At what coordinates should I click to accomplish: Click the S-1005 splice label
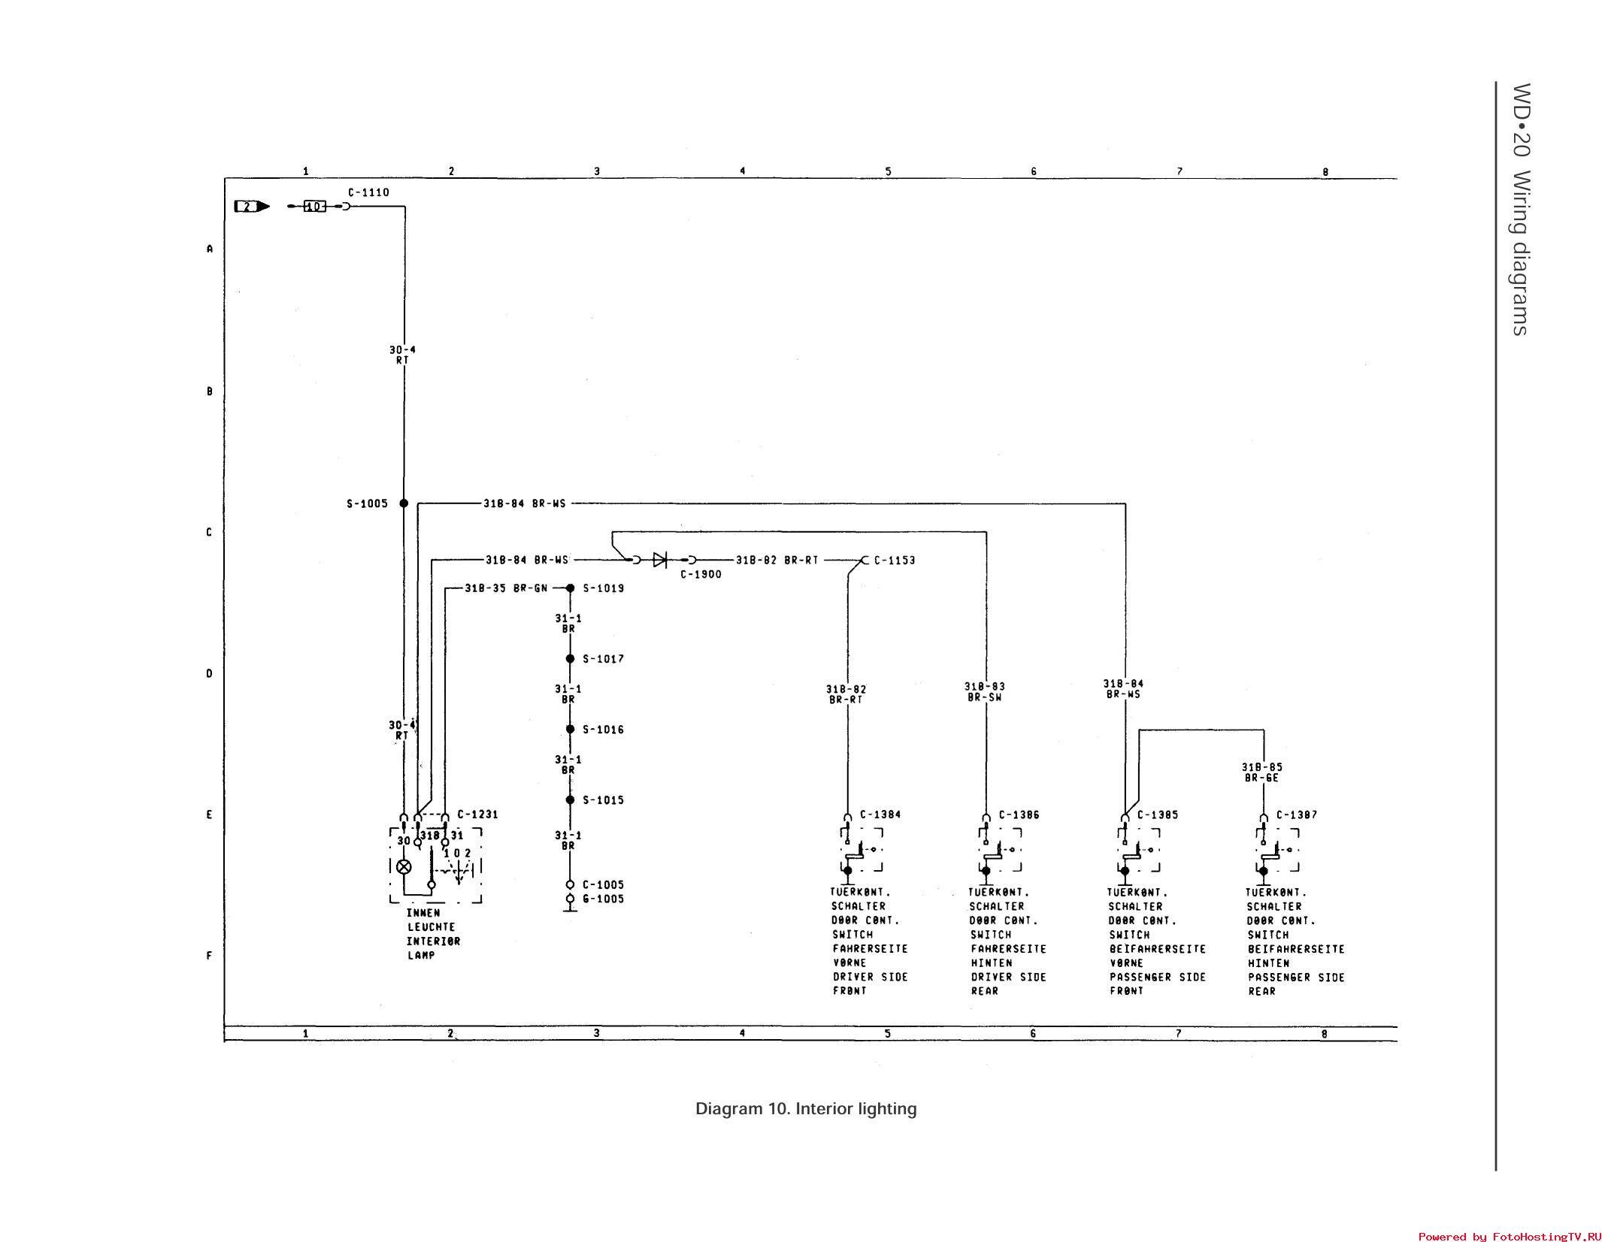point(367,503)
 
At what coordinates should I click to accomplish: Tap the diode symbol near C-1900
point(660,560)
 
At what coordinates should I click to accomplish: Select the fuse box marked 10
point(314,206)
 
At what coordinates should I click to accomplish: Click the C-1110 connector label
point(368,192)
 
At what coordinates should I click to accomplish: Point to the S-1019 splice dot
point(570,588)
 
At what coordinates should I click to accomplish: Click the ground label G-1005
point(603,899)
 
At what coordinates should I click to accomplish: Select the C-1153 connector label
point(895,560)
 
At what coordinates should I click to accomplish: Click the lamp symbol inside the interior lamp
point(404,866)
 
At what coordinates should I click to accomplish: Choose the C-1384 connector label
point(880,814)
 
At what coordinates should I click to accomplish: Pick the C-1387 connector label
point(1297,814)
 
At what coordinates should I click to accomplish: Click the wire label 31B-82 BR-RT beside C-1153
point(777,560)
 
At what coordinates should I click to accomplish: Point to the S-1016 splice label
point(603,730)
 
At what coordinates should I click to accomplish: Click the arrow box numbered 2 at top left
point(251,206)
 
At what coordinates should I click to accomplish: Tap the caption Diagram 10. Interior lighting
point(805,1109)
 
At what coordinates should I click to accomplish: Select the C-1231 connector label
point(477,814)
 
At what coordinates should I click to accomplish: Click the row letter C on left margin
point(209,532)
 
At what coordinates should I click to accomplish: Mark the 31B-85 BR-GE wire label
point(1261,772)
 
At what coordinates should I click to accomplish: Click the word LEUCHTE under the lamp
point(432,927)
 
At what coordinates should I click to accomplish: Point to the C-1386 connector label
point(1019,814)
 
